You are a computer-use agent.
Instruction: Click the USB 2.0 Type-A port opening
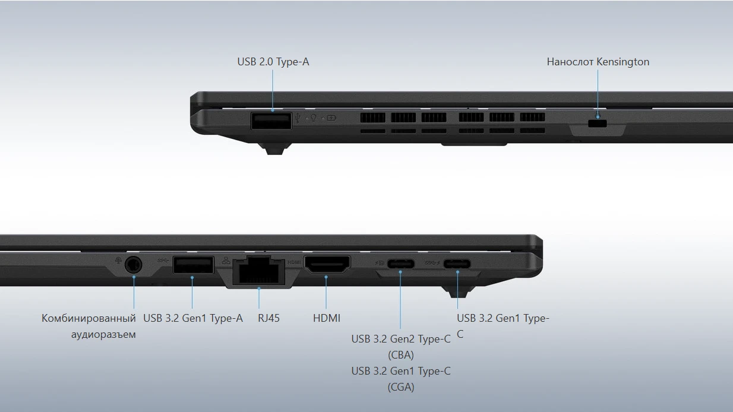[x=271, y=121]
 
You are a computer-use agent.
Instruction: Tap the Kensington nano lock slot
[x=597, y=123]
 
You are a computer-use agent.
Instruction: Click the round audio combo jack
[x=134, y=264]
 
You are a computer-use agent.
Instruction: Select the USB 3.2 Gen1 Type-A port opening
[x=194, y=265]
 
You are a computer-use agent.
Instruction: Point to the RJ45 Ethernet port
[x=259, y=270]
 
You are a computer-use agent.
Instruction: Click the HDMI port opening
[x=327, y=264]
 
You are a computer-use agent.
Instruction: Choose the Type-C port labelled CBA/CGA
[x=400, y=264]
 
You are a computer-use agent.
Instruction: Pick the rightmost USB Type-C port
[x=457, y=264]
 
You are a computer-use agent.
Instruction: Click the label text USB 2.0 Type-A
[x=273, y=62]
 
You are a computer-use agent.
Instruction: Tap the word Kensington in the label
[x=623, y=62]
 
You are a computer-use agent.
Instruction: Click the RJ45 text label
[x=268, y=318]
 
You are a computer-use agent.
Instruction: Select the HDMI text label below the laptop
[x=327, y=318]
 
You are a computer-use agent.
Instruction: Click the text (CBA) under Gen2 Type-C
[x=401, y=355]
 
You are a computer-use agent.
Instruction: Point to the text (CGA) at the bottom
[x=401, y=387]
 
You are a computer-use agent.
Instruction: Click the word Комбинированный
[x=89, y=318]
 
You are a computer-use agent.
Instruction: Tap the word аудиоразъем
[x=103, y=335]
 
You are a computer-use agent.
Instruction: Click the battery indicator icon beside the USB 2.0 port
[x=331, y=118]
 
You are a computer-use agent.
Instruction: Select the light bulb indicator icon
[x=313, y=118]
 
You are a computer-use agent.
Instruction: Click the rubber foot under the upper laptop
[x=274, y=149]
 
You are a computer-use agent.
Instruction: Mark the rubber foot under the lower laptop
[x=458, y=291]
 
